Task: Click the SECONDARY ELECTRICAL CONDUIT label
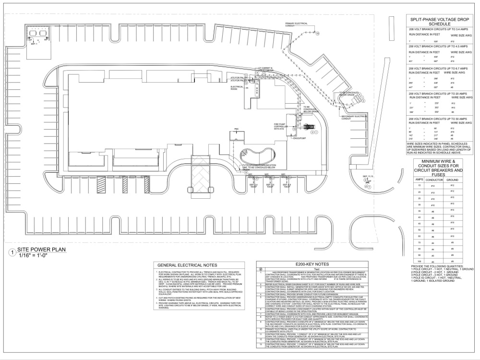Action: pyautogui.click(x=354, y=117)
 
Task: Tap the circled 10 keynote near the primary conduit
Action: pyautogui.click(x=317, y=34)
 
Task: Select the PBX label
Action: pyautogui.click(x=236, y=130)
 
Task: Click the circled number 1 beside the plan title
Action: pyautogui.click(x=11, y=252)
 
